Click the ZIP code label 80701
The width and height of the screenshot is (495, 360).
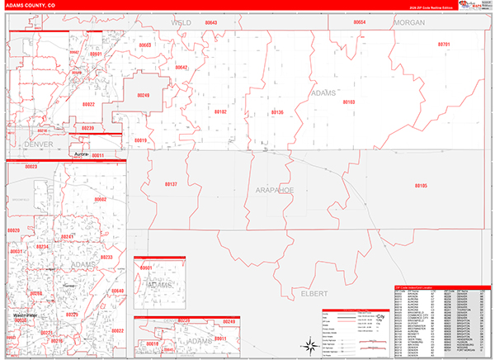point(444,44)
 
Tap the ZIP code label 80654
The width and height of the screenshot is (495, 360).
point(359,22)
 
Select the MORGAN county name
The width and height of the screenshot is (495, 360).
point(409,23)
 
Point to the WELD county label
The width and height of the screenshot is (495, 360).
point(181,23)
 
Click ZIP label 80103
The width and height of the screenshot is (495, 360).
point(348,102)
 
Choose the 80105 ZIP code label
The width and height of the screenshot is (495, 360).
point(421,186)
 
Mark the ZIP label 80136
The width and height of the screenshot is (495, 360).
point(277,111)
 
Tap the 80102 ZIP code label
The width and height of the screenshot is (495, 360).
point(220,111)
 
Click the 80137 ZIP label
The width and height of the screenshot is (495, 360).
point(171,185)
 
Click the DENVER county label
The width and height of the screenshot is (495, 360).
point(38,144)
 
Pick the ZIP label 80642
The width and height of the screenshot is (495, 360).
point(181,67)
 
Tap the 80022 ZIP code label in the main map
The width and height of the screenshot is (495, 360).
point(88,105)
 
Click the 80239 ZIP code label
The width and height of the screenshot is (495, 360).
point(88,128)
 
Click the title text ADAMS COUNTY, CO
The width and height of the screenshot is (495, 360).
point(34,5)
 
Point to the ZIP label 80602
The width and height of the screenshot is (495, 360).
point(100,200)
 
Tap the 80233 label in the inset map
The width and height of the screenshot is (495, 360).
point(106,258)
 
